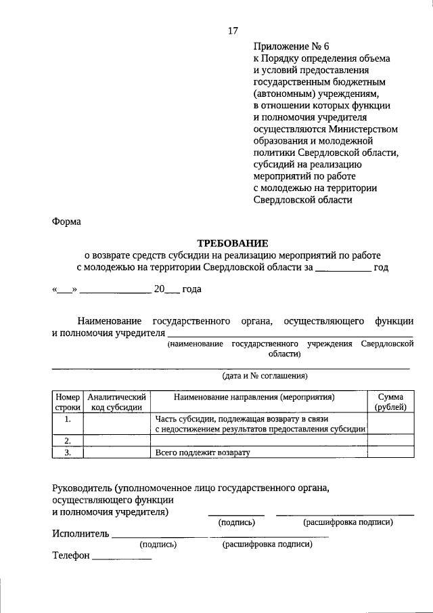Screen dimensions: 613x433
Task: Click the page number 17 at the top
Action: click(x=233, y=30)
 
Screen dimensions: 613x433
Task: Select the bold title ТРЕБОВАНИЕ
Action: click(x=233, y=243)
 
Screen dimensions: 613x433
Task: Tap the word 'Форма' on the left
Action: click(x=66, y=221)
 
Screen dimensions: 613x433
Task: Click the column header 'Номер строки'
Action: click(x=68, y=402)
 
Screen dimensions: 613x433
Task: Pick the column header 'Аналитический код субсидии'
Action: click(x=116, y=402)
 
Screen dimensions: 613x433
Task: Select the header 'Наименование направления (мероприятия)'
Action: click(x=258, y=396)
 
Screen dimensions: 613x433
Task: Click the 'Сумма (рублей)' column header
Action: click(x=390, y=402)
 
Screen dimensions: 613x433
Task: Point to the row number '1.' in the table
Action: click(x=68, y=419)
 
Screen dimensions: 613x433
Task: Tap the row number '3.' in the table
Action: click(x=68, y=452)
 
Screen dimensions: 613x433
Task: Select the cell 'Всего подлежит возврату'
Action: click(x=202, y=452)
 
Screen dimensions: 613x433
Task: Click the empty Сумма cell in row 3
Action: click(x=390, y=452)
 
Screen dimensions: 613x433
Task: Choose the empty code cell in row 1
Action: click(x=116, y=424)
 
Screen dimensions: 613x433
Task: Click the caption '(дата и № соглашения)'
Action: click(x=265, y=375)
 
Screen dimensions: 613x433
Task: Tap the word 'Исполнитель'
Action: click(x=81, y=534)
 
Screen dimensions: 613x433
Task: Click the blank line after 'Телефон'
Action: click(x=122, y=557)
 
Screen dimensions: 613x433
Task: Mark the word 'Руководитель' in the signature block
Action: click(x=82, y=488)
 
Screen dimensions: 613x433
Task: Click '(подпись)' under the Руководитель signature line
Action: click(x=236, y=522)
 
